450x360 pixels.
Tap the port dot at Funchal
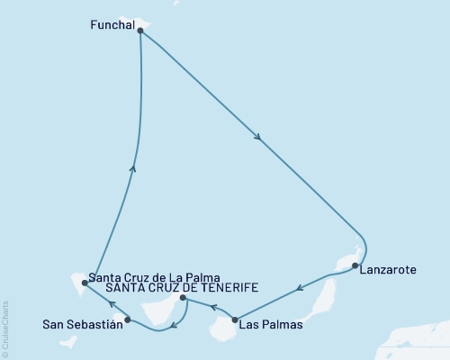[x=139, y=30]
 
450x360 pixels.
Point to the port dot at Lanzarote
[x=355, y=265]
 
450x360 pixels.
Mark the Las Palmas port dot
[x=235, y=319]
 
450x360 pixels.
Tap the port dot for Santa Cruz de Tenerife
[x=183, y=298]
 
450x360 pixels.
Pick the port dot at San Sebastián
[x=128, y=319]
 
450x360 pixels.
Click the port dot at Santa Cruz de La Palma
[x=85, y=282]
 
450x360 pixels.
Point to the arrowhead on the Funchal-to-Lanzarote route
[x=259, y=138]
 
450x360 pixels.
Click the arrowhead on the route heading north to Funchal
[x=133, y=166]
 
